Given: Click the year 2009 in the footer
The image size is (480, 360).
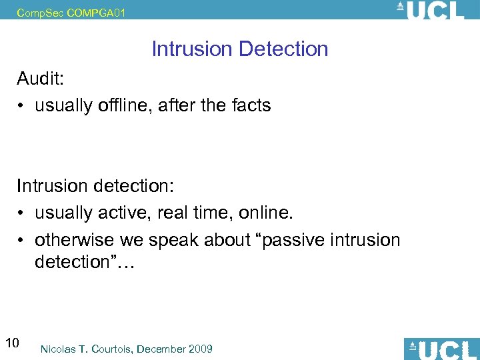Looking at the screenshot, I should tap(200, 349).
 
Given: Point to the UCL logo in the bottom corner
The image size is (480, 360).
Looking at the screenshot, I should tap(441, 349).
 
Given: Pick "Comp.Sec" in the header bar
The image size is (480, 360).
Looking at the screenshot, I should tap(41, 11).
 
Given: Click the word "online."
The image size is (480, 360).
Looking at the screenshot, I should tap(265, 213).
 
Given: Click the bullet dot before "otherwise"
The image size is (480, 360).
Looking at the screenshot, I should tap(22, 239).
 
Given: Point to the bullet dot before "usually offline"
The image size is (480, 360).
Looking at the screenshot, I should tap(22, 105).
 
